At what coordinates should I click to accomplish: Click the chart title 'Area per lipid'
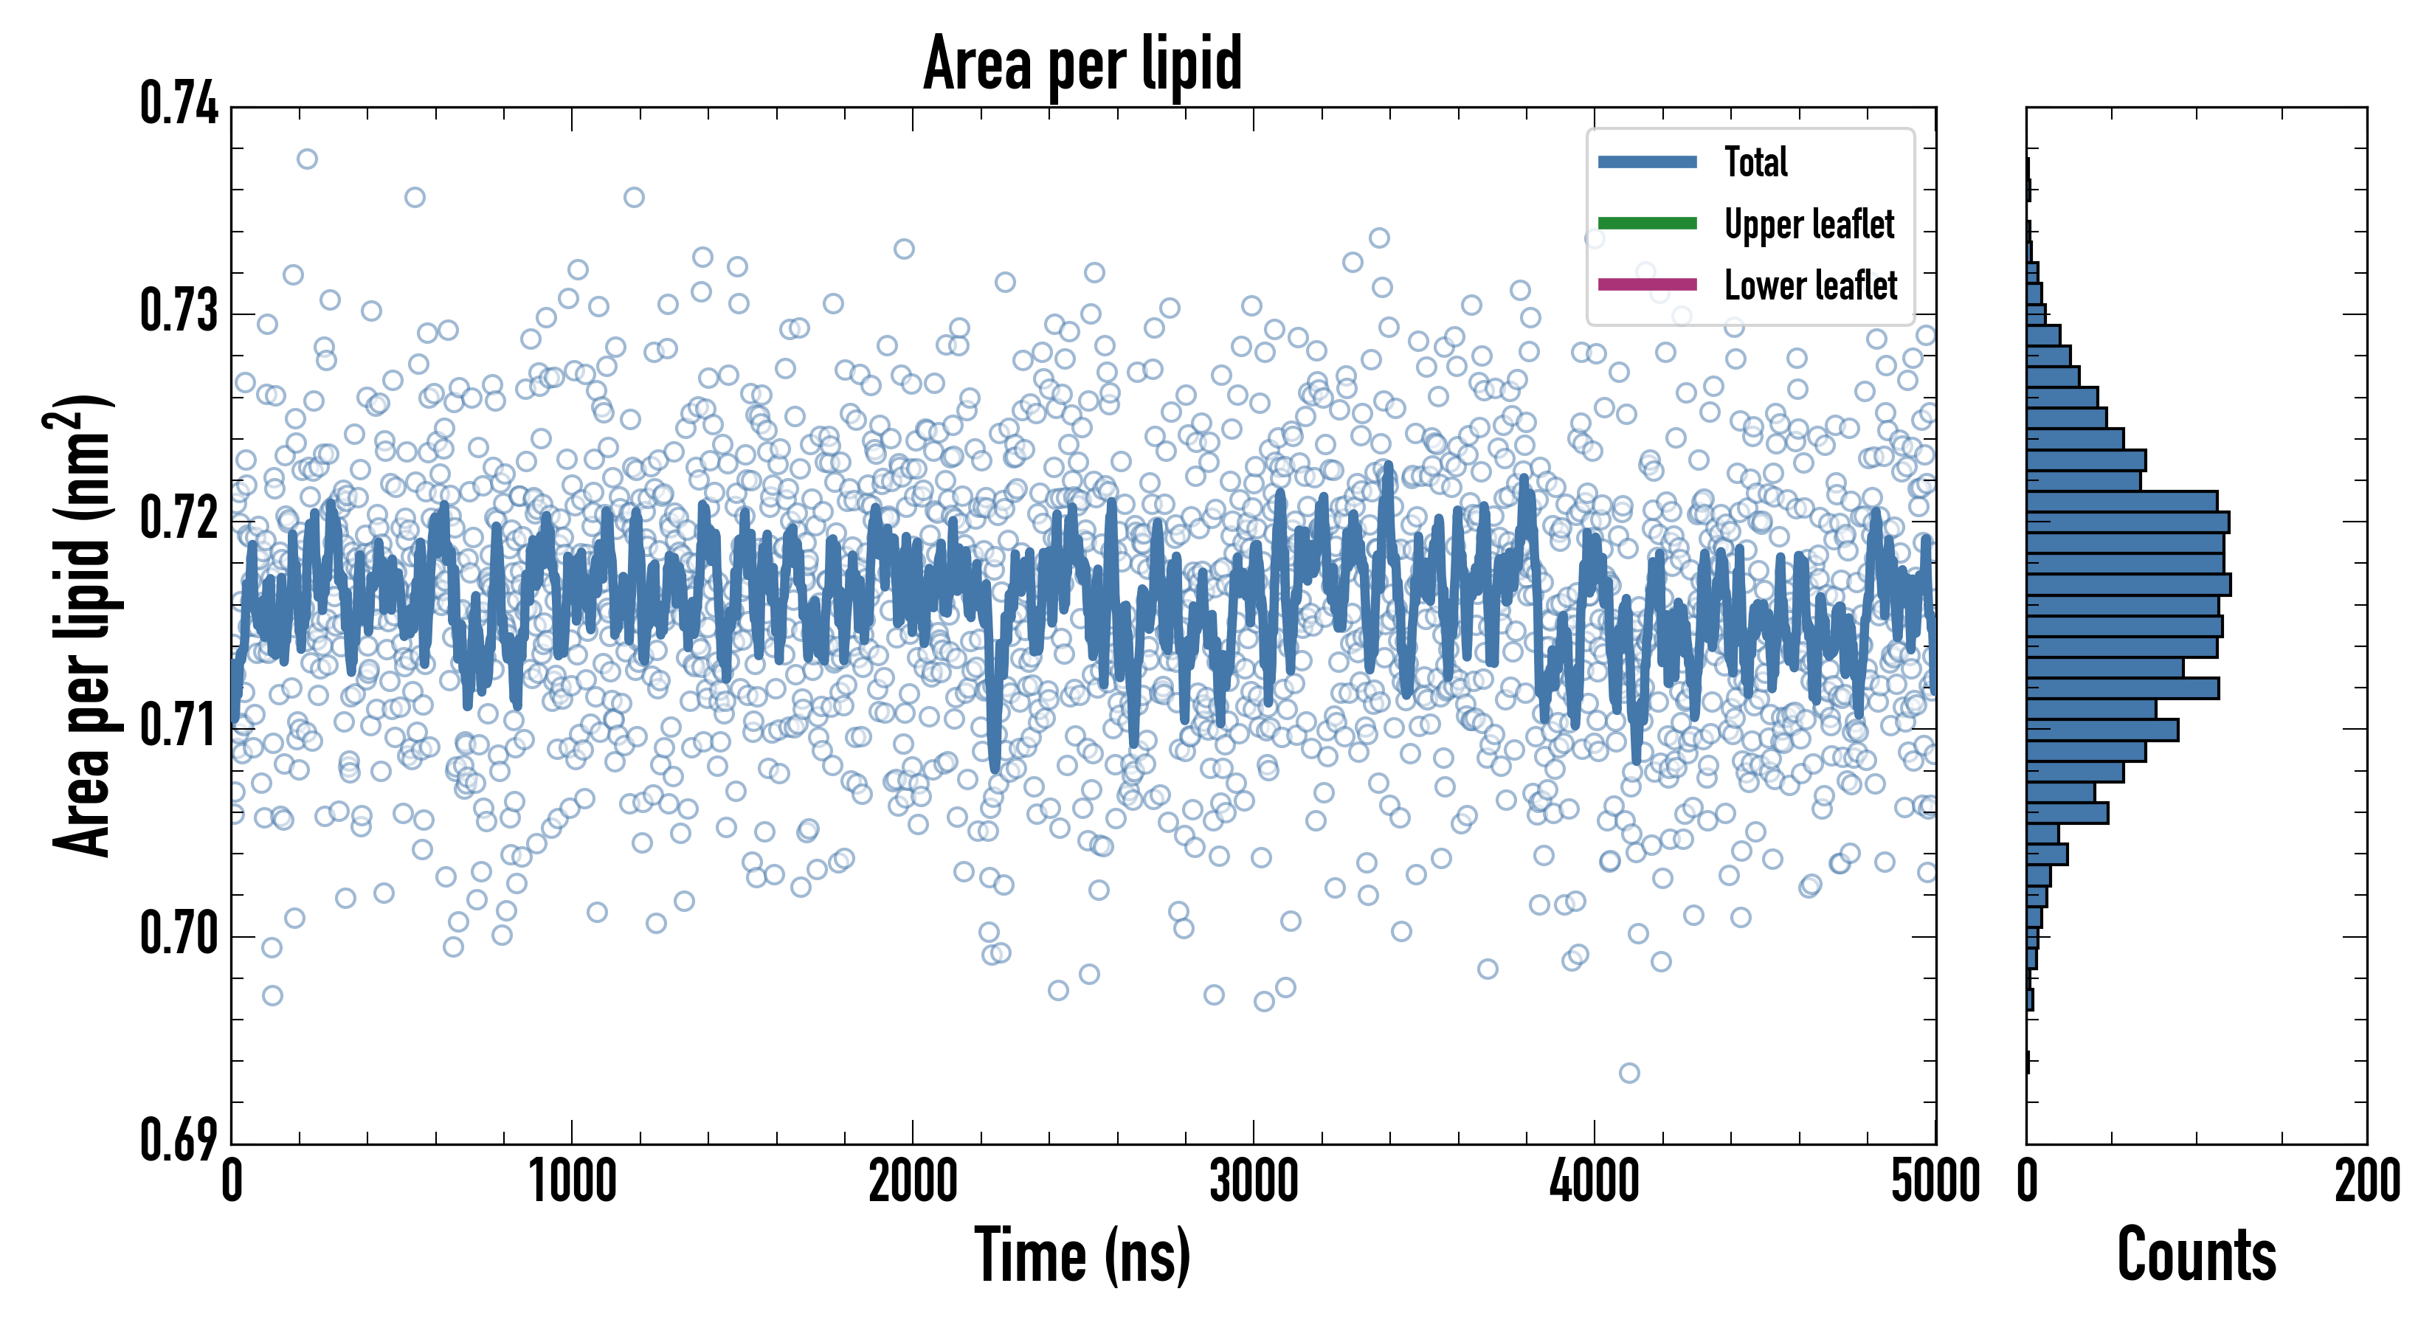(1082, 63)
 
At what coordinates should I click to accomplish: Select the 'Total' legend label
(1755, 162)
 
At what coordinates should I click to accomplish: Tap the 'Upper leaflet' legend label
(1809, 224)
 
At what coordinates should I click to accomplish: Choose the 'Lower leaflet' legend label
(1810, 286)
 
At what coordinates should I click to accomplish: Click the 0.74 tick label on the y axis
(179, 104)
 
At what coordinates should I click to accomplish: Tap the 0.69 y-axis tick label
(179, 1140)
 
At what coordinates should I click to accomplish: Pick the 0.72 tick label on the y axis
(179, 519)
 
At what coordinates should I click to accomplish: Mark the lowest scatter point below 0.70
(1628, 1073)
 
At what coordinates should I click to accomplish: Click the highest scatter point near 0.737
(307, 159)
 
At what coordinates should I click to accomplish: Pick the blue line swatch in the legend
(1647, 162)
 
